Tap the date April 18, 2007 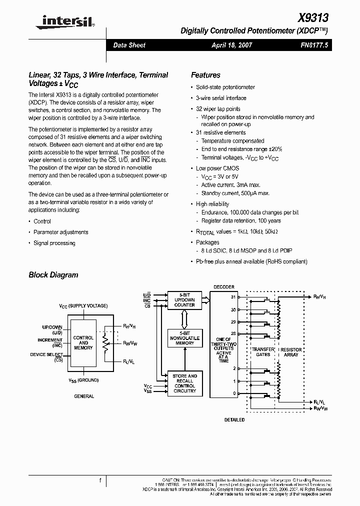[x=232, y=45]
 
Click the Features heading [x=205, y=75]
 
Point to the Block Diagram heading [x=53, y=274]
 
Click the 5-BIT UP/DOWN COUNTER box [x=184, y=299]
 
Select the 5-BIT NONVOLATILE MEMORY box [x=184, y=338]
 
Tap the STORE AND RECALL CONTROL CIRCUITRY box [x=184, y=383]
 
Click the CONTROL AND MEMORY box [x=83, y=343]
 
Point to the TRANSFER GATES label [x=262, y=352]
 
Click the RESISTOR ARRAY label [x=291, y=352]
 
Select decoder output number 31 [x=233, y=297]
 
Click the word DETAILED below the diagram [x=234, y=420]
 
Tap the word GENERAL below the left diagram [x=84, y=396]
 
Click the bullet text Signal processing [x=54, y=243]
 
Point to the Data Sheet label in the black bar [x=129, y=45]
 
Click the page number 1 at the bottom [x=100, y=480]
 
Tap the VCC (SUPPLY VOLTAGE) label [x=83, y=305]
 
